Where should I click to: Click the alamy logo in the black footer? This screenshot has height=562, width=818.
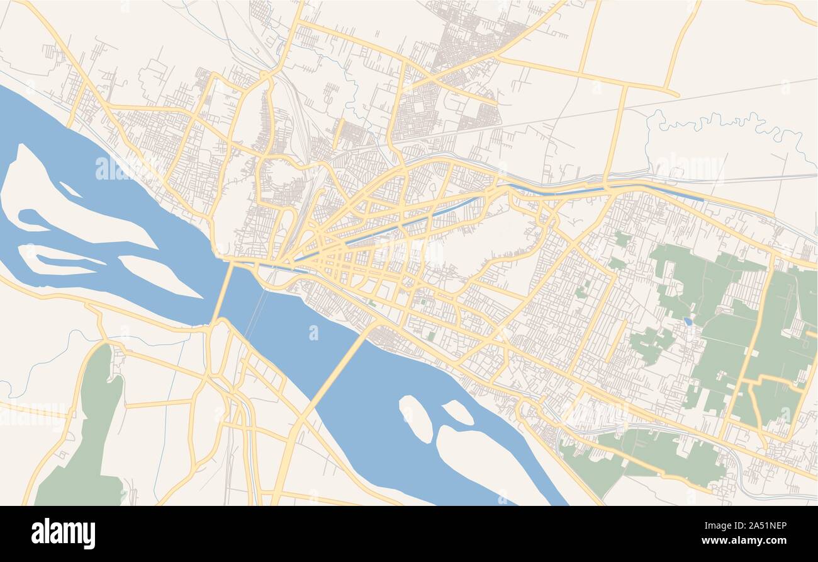coord(63,534)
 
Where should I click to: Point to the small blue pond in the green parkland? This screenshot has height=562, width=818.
coord(688,321)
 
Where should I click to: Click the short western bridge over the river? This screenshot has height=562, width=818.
coord(222,294)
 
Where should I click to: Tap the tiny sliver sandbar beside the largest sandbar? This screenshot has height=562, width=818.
coord(70,189)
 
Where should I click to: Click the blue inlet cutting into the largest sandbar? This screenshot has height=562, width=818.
coord(31,221)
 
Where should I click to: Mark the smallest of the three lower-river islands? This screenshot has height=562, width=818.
coord(457,412)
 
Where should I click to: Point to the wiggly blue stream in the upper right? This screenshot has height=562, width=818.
coord(724,123)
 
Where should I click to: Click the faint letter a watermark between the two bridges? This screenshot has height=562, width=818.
coord(313,332)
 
